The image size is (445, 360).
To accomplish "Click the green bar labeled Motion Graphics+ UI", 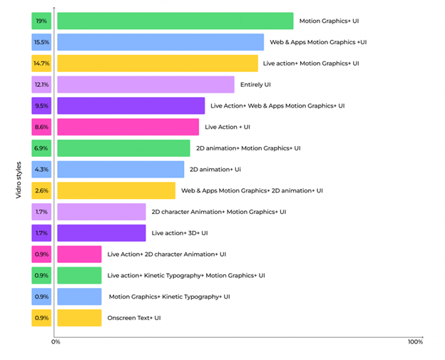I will click(175, 21).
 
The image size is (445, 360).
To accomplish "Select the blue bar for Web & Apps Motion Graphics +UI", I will click(160, 42).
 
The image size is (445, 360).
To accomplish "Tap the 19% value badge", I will click(41, 21).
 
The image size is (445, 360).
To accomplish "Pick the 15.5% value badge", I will click(41, 42).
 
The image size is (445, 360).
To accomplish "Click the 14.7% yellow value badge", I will click(41, 63).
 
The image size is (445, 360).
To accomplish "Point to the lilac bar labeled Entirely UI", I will click(145, 85).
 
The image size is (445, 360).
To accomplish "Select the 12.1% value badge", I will click(41, 85).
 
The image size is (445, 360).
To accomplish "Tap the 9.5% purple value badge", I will click(41, 106).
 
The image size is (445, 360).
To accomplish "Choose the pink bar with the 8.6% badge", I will click(128, 127).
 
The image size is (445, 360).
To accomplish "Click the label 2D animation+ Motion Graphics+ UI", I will click(248, 148).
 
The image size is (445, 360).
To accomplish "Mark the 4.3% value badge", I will click(41, 170).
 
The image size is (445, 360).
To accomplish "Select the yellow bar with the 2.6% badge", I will click(116, 190).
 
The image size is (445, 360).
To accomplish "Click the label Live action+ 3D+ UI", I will click(180, 233).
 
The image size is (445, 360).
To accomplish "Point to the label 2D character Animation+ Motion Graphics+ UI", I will click(219, 212).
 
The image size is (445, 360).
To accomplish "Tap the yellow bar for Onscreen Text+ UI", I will click(79, 318).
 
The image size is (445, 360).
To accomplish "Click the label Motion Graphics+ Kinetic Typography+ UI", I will click(169, 297).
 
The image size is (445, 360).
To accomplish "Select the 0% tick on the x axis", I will click(56, 342).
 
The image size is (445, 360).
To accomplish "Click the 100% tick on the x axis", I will click(415, 342).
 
